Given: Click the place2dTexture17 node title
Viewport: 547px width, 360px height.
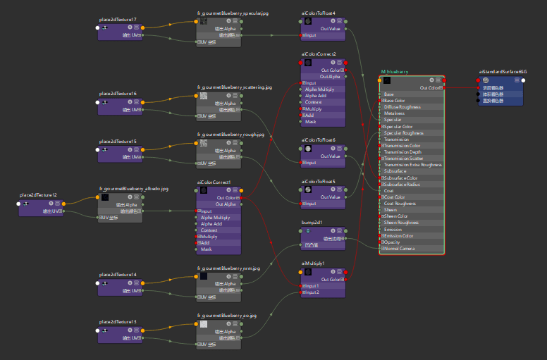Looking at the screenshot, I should coord(118,19).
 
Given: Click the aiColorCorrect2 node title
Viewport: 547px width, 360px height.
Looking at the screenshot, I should coord(319,54).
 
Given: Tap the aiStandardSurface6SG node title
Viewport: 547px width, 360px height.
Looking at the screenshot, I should coord(503,71).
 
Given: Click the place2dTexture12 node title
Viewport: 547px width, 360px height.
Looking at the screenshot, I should coord(38,194).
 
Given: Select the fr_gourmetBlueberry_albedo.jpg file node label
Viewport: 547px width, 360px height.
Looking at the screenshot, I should coord(134,189).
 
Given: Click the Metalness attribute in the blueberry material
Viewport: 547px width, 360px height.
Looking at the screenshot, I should coord(394,113).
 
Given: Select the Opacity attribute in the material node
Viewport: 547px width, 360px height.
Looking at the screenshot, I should coord(393,242).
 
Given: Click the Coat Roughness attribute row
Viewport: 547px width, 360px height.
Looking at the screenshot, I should coord(400,204).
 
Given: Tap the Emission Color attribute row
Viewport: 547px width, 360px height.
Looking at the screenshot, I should coord(398,236).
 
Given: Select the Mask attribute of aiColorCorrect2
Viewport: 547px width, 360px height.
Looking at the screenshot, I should coord(311,122).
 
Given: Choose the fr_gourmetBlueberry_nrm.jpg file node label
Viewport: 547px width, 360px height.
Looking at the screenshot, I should coord(228,268).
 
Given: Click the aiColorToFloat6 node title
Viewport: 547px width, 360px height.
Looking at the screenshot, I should coord(319,140).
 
